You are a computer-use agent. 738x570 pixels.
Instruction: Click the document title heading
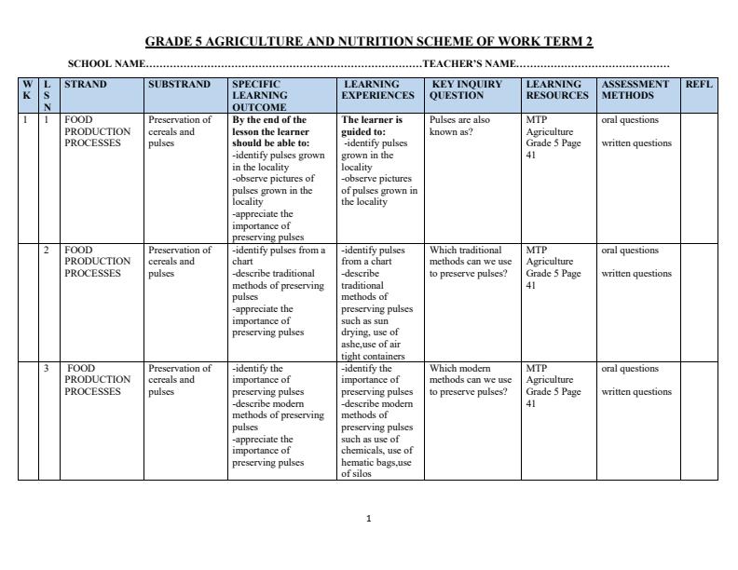tap(369, 42)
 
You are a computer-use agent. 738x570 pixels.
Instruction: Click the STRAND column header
tap(86, 85)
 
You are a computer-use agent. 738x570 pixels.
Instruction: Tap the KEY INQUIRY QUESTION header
tap(467, 89)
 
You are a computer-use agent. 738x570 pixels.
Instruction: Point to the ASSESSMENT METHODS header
tap(635, 89)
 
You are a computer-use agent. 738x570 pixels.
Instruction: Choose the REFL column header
tap(699, 85)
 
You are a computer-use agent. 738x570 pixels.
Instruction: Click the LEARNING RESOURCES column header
tap(557, 89)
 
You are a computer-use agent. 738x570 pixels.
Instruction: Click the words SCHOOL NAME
tap(106, 64)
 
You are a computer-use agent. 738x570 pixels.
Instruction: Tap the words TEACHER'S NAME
tap(469, 64)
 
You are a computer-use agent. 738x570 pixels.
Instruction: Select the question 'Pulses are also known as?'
tap(459, 126)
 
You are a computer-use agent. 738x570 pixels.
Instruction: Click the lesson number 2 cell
tap(47, 251)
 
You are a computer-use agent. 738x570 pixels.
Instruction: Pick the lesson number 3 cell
tap(47, 369)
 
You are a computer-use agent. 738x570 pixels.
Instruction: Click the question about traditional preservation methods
tap(471, 262)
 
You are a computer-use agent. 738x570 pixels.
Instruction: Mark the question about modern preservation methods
tap(471, 380)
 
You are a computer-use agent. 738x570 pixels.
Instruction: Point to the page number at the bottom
tap(369, 519)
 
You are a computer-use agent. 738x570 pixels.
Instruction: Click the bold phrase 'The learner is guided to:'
tap(373, 126)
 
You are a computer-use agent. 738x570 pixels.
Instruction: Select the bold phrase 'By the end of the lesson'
tap(270, 126)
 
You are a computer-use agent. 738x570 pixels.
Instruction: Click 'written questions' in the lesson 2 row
tap(636, 274)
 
